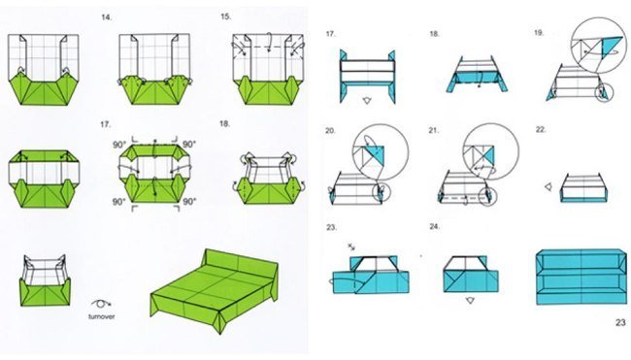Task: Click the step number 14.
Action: coord(107,17)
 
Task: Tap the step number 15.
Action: coord(226,16)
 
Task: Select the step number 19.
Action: coord(539,33)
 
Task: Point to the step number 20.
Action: coord(330,131)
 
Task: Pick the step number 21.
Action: coord(433,130)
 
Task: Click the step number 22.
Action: coord(541,129)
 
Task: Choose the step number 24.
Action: coord(434,227)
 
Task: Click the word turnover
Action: coord(101,316)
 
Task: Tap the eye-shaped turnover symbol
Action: coord(101,304)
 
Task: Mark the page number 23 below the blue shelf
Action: coord(620,322)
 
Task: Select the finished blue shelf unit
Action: coord(581,277)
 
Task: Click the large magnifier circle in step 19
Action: coord(598,45)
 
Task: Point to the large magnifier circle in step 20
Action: coord(381,151)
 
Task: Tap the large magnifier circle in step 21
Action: coord(491,151)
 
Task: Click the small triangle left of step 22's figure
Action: coord(548,187)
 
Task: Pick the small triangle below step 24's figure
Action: coord(470,300)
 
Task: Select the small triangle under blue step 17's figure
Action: coord(367,101)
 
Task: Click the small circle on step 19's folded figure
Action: coord(604,92)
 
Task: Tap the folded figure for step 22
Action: coord(583,187)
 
